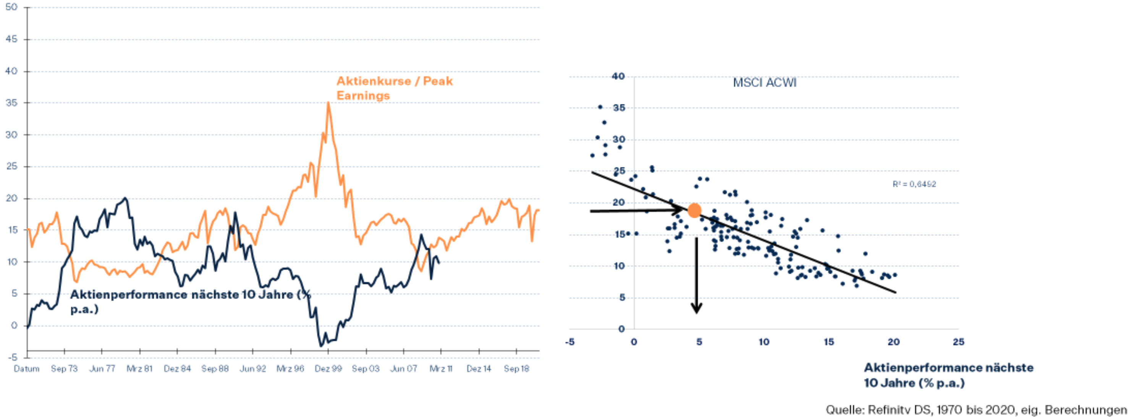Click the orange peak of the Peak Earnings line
click(328, 103)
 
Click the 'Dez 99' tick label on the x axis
click(328, 369)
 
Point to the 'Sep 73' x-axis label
click(64, 369)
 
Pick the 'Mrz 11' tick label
click(441, 369)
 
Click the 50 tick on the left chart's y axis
click(11, 7)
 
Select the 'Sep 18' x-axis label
click(516, 369)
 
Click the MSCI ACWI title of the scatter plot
click(765, 83)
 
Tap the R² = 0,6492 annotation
click(914, 184)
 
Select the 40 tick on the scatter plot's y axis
click(618, 76)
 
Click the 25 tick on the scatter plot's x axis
click(958, 342)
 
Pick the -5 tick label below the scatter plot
click(570, 342)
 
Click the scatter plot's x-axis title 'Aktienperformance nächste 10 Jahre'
click(948, 375)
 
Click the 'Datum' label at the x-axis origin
click(26, 369)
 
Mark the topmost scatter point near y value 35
click(600, 107)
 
